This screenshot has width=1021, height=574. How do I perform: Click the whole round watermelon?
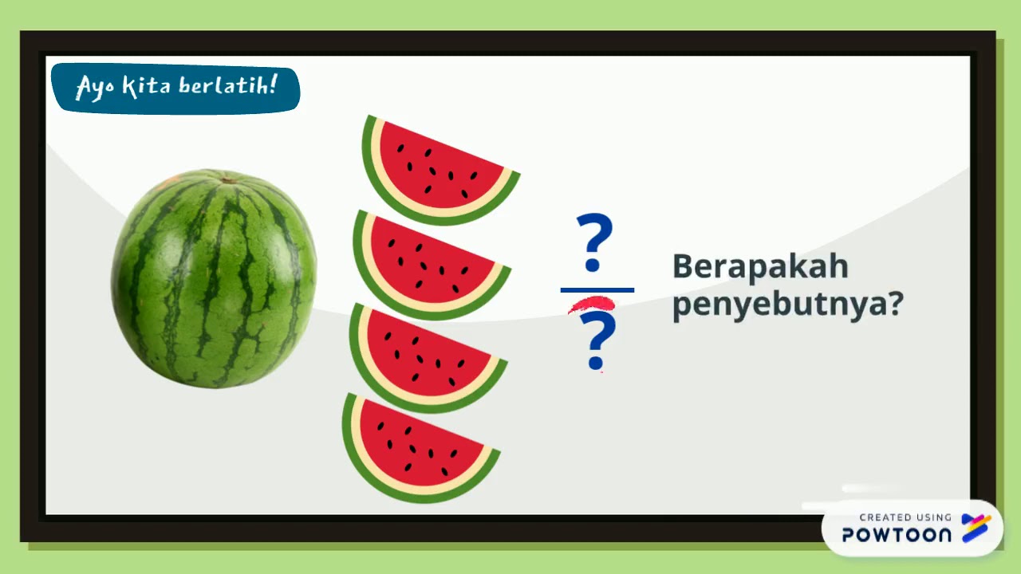click(x=214, y=279)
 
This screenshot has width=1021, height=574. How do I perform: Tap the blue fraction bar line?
click(x=597, y=290)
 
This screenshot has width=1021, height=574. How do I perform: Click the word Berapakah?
click(x=759, y=266)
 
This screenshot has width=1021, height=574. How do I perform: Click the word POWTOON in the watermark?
click(x=897, y=535)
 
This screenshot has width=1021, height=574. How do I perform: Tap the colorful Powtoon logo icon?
click(x=976, y=528)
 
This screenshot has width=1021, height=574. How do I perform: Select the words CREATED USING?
click(x=905, y=517)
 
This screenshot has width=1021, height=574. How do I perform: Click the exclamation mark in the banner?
click(x=274, y=83)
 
